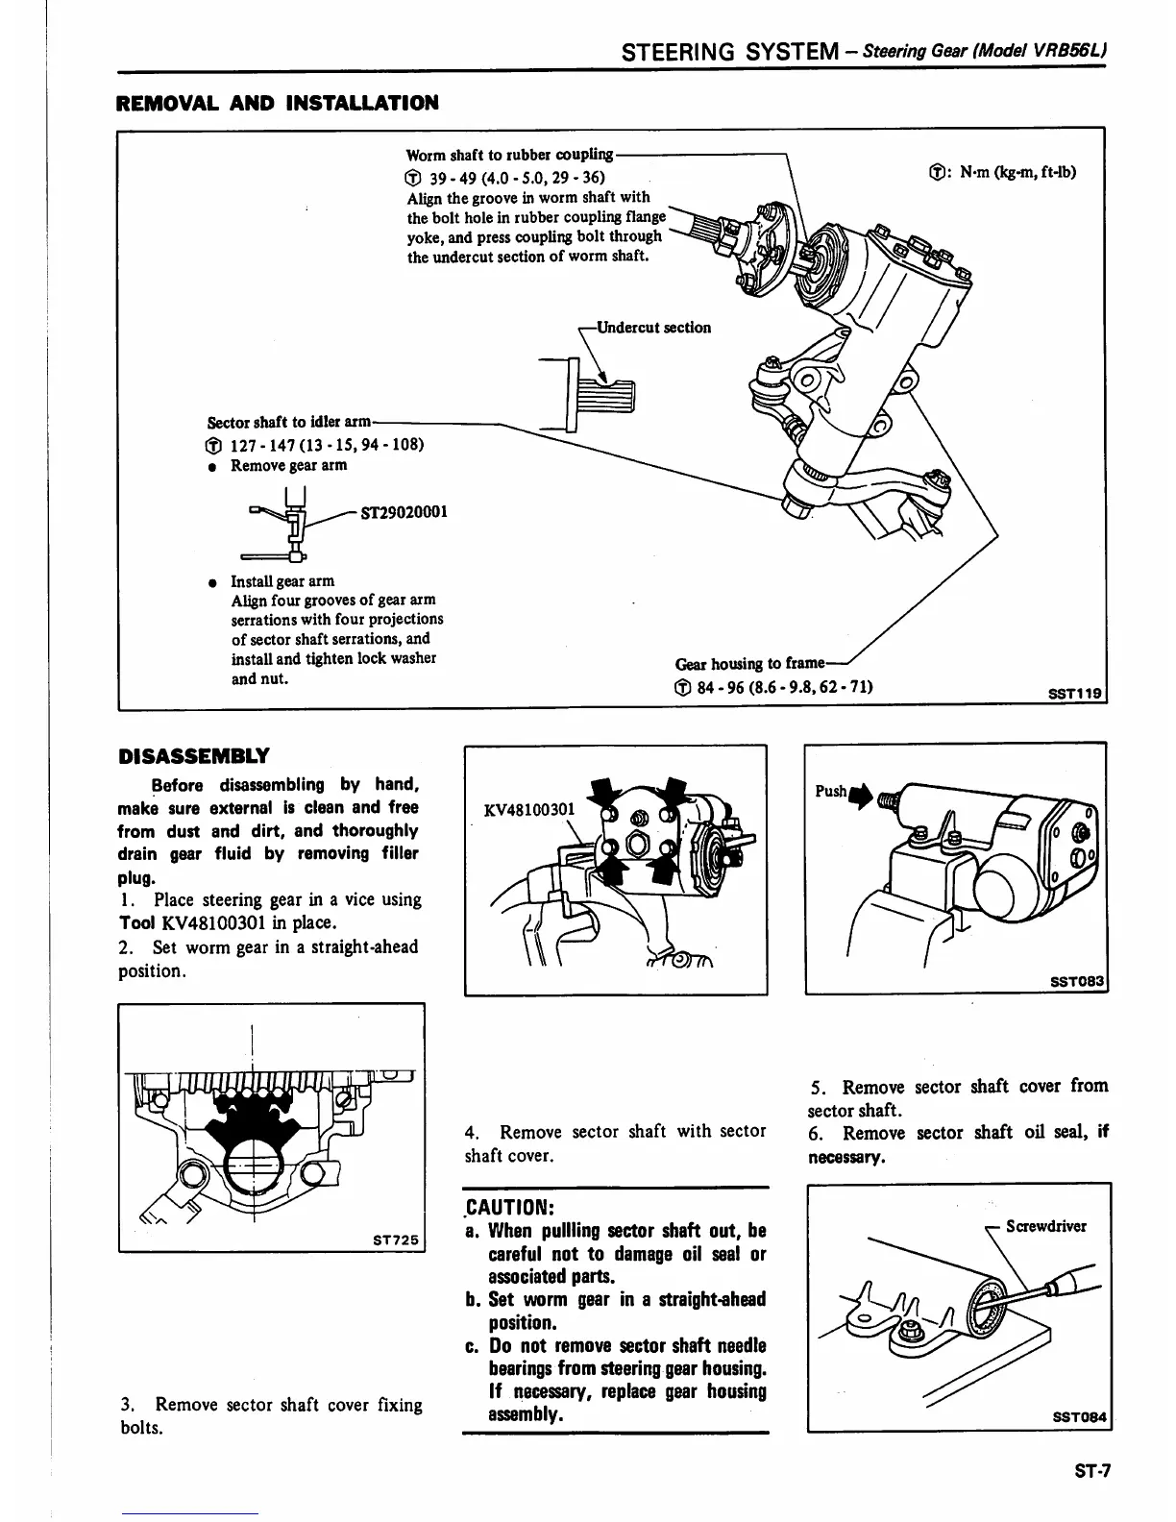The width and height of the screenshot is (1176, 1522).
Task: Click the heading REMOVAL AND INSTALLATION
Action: [277, 103]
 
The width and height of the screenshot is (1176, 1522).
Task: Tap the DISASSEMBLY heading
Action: [193, 756]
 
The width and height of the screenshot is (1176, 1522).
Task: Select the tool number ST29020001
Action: [404, 512]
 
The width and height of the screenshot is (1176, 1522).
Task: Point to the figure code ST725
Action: [395, 1240]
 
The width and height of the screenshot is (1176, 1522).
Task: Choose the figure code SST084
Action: [1080, 1417]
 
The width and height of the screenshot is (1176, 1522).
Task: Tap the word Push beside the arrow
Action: [830, 791]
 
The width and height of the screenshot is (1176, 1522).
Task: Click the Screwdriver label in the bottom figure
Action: [1046, 1226]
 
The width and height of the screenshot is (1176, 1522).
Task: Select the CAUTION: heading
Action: [510, 1207]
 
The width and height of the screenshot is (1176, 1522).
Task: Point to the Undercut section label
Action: [653, 328]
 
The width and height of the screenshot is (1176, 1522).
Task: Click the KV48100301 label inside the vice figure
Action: [529, 809]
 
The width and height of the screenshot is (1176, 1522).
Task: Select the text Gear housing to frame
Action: [749, 663]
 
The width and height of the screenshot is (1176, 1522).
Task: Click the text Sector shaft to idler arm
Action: [289, 422]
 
